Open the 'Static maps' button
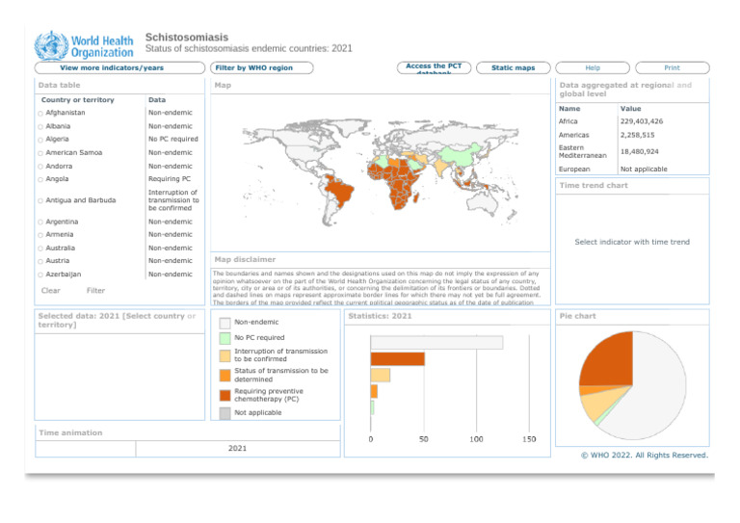pos(512,67)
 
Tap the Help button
pos(594,67)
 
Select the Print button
pos(672,67)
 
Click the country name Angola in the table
pos(57,179)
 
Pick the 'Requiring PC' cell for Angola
pos(170,179)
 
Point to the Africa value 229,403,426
pos(642,121)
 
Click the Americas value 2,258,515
pos(639,136)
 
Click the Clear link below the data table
pos(51,290)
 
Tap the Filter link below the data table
pos(96,290)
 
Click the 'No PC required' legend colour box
pos(225,338)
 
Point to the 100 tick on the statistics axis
pos(476,439)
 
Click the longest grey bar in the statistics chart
pos(436,342)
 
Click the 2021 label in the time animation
pos(237,448)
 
